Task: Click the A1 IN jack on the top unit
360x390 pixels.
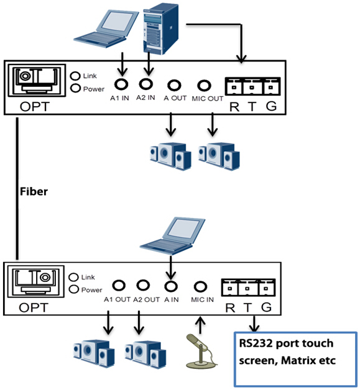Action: tap(121, 84)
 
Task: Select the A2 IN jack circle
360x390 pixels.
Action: tap(146, 84)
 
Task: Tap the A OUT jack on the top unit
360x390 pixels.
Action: tap(174, 85)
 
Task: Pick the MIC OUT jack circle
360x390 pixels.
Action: tap(204, 86)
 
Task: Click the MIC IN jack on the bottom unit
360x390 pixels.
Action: tap(200, 286)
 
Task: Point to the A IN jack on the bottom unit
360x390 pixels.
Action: tap(171, 286)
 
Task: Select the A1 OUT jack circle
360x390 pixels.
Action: tap(119, 285)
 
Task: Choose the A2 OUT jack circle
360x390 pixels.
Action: tap(143, 285)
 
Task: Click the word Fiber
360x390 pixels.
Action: tap(34, 191)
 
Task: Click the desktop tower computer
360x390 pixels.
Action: tap(161, 29)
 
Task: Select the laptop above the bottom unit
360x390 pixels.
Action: tap(172, 236)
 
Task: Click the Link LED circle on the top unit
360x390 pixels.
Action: tap(75, 76)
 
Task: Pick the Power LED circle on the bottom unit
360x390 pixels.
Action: tap(74, 289)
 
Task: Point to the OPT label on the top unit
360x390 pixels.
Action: tap(35, 107)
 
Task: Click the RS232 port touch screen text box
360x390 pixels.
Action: tap(296, 360)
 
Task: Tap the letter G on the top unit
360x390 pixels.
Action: tap(271, 106)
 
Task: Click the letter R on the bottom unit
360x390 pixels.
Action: tap(230, 308)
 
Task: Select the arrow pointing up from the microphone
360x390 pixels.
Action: tap(200, 325)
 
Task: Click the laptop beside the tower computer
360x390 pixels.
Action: tap(106, 29)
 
